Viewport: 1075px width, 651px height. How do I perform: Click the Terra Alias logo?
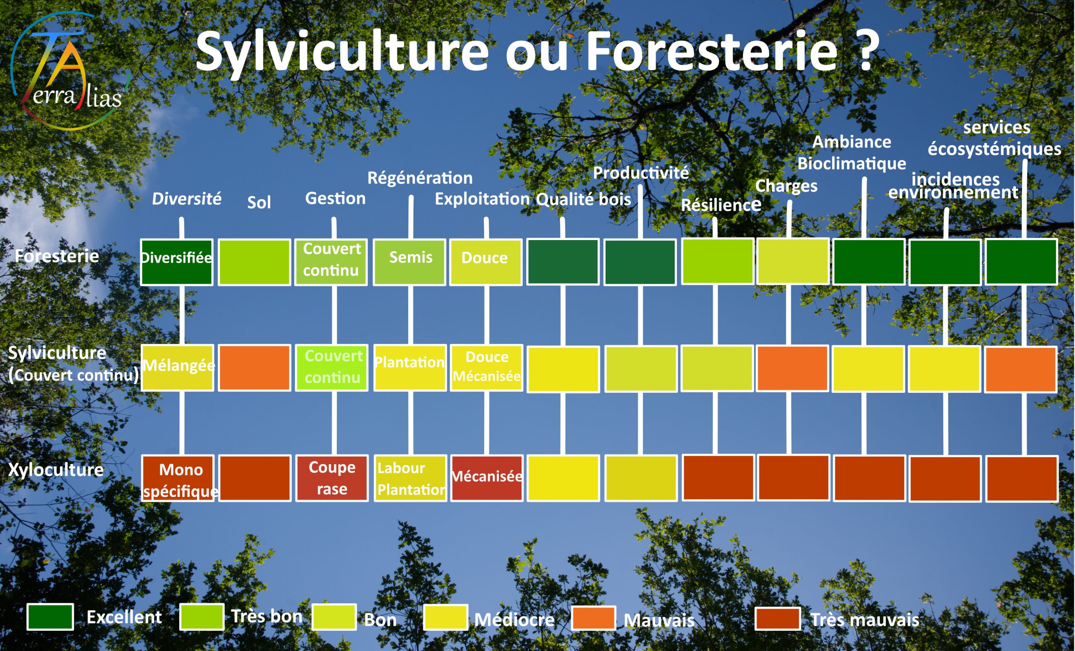point(70,71)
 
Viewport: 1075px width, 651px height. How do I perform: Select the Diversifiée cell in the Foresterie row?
point(177,262)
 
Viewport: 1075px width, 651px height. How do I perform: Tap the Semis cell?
point(410,262)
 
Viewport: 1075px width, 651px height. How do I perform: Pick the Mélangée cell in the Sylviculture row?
point(178,368)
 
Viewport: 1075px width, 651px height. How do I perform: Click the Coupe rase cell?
point(332,478)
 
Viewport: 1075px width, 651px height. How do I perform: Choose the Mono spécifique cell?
point(178,478)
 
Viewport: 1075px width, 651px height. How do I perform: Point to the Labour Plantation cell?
point(411,478)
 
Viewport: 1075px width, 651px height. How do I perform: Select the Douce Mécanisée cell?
point(486,368)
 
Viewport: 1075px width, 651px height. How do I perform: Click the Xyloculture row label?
point(56,470)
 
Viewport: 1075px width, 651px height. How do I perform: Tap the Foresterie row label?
point(57,256)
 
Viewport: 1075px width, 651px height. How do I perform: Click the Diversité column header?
point(186,199)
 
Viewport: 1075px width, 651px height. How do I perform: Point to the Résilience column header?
point(721,204)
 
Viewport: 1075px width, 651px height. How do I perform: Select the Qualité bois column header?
point(583,199)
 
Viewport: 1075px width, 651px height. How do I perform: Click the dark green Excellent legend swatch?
point(50,617)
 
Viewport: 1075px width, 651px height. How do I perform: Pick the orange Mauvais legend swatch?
point(593,617)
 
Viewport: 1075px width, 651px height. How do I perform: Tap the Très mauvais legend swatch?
point(778,618)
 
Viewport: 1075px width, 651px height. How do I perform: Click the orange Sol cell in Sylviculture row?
point(254,368)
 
